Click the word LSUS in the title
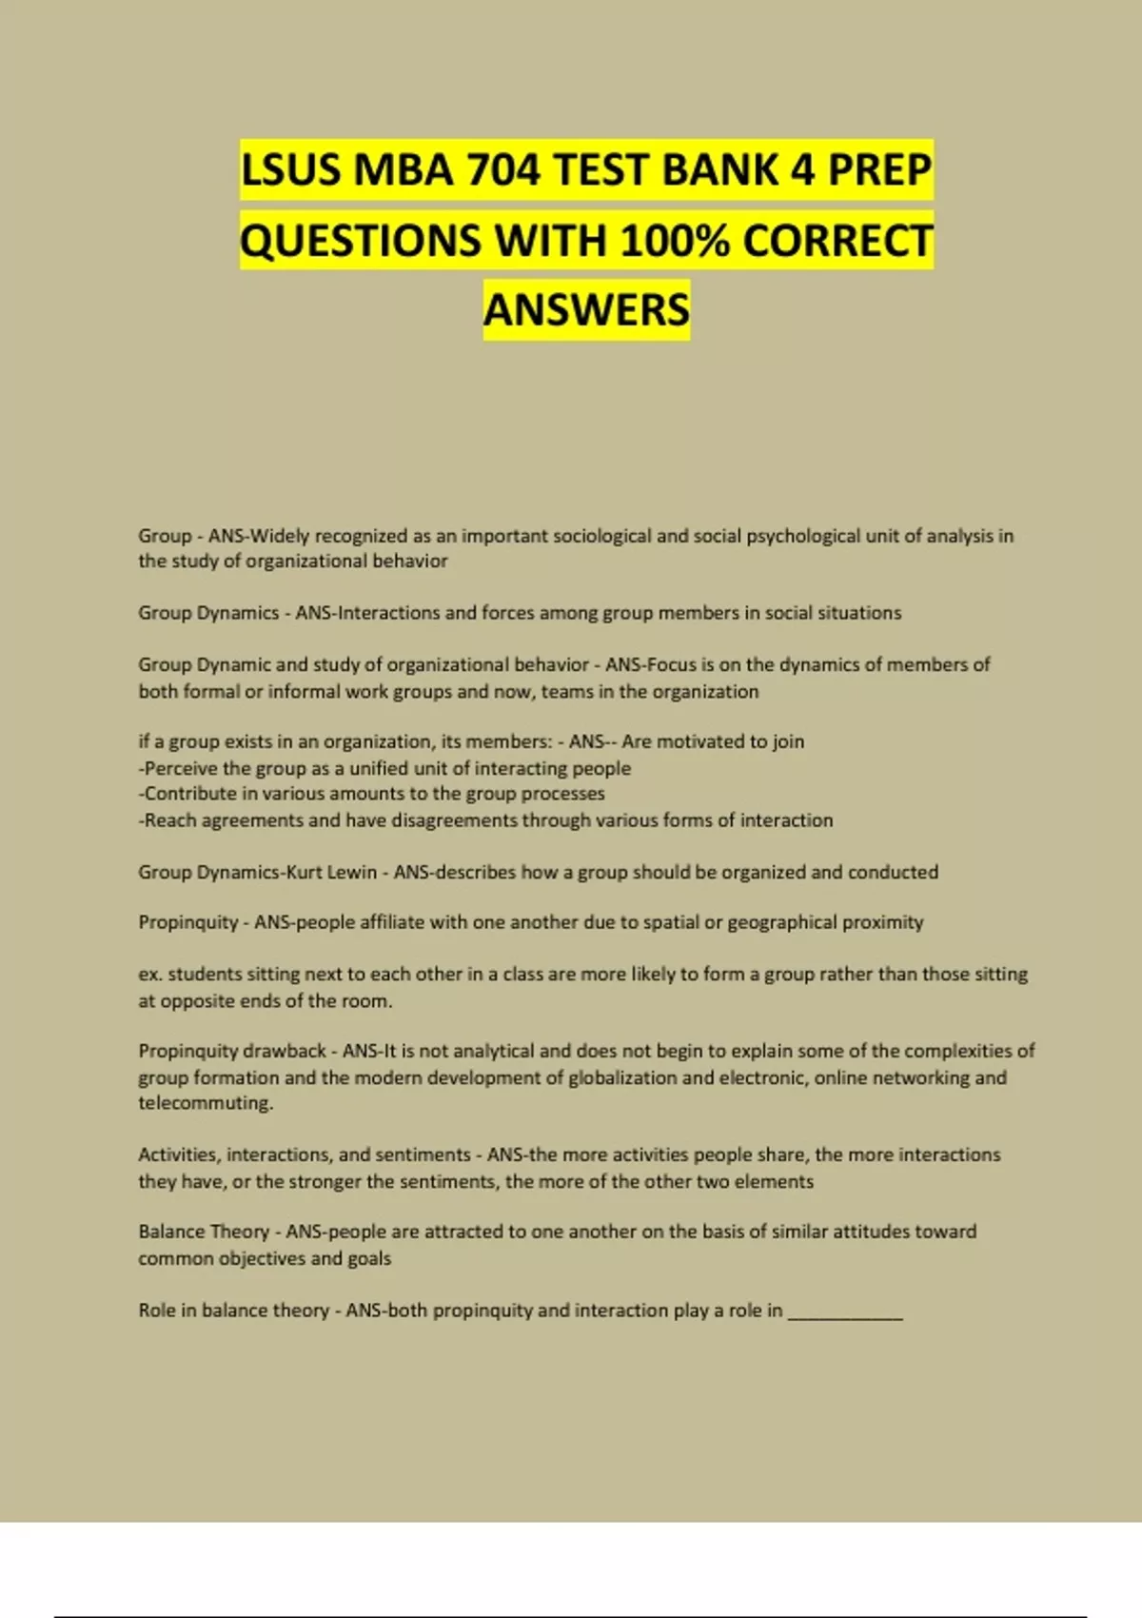click(290, 170)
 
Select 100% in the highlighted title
click(673, 241)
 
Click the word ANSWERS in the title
click(586, 310)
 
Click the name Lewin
click(352, 872)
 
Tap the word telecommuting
click(206, 1103)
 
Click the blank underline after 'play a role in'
click(845, 1312)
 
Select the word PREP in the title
click(879, 170)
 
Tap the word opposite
click(199, 1001)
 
